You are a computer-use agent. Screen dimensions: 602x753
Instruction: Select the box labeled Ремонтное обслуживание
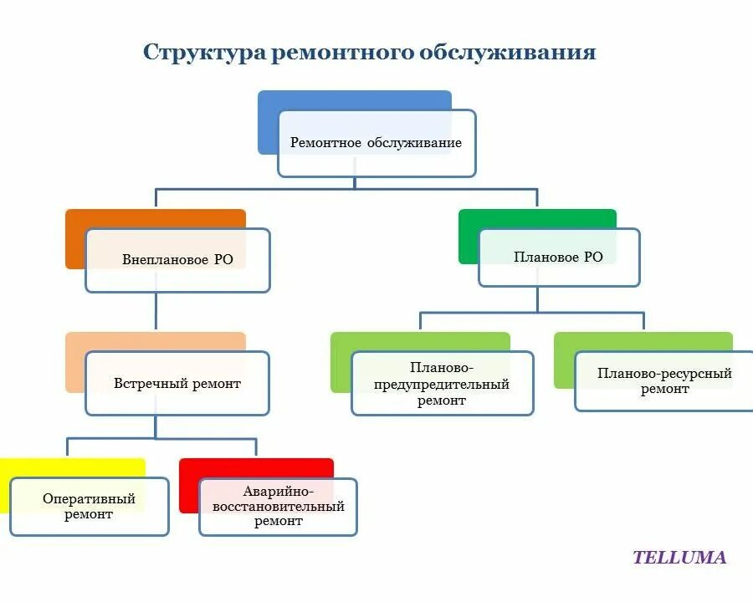point(376,143)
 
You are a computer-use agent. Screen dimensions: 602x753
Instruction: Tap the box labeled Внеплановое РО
point(177,260)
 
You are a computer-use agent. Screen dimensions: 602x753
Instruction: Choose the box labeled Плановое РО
point(558,258)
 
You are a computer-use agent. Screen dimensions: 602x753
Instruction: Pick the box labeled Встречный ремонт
point(177,384)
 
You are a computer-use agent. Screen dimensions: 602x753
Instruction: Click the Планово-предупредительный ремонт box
point(442,384)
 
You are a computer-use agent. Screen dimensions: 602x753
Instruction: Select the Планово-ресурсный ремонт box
point(664,381)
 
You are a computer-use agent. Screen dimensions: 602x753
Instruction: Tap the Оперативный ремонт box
point(89,507)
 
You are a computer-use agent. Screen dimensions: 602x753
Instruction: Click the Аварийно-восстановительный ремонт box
point(278,508)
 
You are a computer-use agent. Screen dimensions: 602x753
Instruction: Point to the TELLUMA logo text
point(679,558)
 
